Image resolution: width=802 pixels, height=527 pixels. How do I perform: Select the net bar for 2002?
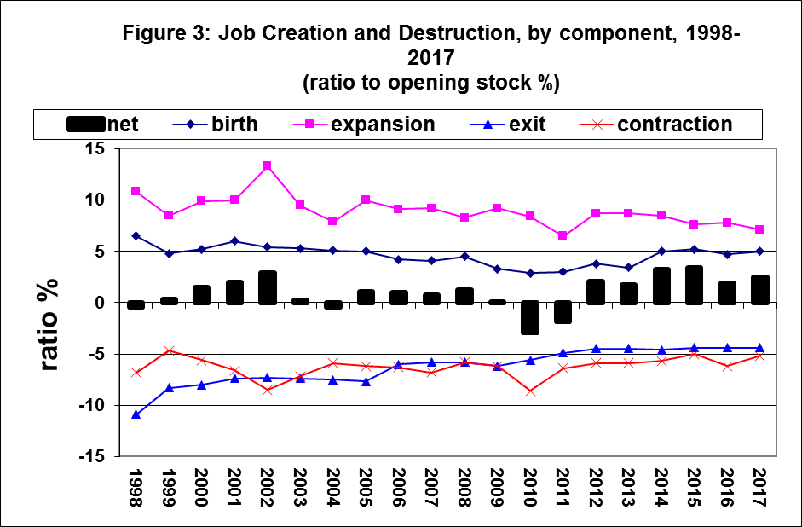tap(268, 287)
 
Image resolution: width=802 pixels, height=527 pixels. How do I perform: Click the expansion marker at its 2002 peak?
tap(268, 165)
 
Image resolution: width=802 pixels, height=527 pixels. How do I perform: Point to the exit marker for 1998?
tap(136, 414)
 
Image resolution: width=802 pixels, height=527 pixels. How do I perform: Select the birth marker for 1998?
tap(136, 235)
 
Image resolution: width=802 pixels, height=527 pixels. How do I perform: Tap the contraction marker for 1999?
tap(169, 350)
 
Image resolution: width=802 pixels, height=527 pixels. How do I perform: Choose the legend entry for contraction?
tap(674, 125)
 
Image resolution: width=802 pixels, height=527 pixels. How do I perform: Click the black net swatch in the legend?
tap(85, 125)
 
